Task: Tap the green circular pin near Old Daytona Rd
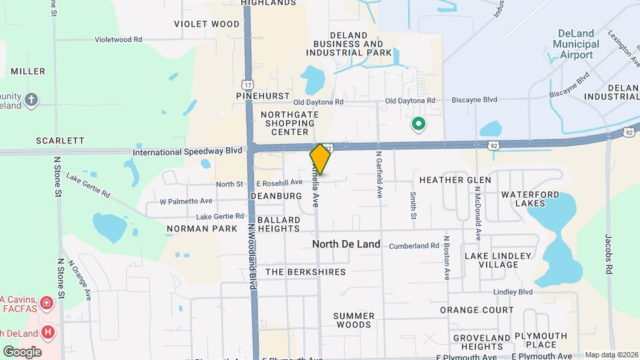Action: [419, 123]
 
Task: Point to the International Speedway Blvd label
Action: [187, 151]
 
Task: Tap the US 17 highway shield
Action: [248, 85]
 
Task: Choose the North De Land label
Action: [346, 244]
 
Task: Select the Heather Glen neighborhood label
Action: [455, 180]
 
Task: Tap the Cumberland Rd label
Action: [415, 246]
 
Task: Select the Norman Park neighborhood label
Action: [202, 229]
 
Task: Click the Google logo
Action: [22, 351]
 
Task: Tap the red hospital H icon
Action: [47, 332]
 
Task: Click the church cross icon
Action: [31, 101]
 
